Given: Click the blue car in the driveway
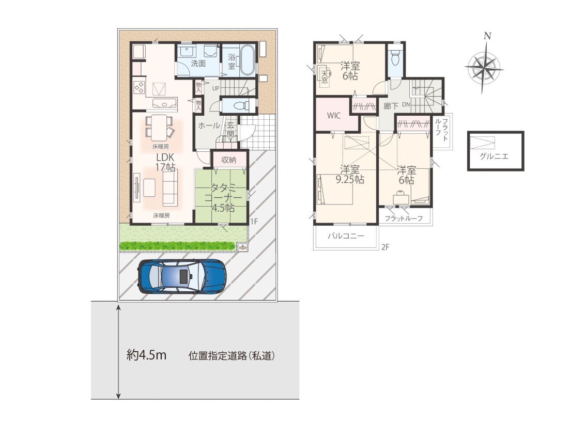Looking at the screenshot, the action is (x=182, y=276).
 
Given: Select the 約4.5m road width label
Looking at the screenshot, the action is (x=146, y=355).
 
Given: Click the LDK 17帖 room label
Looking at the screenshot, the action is (x=165, y=163).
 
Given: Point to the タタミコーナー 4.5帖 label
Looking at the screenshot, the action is (x=223, y=197).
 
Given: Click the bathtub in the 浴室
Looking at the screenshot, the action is (x=247, y=60).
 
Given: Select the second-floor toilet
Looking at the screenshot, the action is (x=395, y=58).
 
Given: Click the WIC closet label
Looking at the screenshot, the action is (x=333, y=116).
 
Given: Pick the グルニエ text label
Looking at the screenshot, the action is (x=494, y=157).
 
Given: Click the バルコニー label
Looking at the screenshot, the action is (x=346, y=236).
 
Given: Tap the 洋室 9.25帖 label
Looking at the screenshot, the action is (x=349, y=175).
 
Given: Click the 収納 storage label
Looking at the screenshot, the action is (x=229, y=160).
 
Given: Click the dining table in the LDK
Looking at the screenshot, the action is (x=160, y=127).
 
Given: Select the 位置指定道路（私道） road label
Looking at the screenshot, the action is (x=232, y=356).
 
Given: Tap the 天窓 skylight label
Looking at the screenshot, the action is (x=325, y=77).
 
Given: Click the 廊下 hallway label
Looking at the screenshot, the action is (x=391, y=106).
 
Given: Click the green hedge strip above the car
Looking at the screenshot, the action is (x=177, y=246).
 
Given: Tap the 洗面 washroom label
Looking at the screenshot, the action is (x=198, y=64).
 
